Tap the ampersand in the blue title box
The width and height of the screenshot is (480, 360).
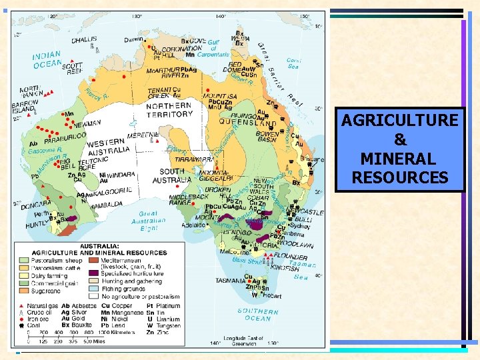400,140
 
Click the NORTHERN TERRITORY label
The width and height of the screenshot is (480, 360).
169,110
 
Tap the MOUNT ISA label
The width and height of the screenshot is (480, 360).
220,95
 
